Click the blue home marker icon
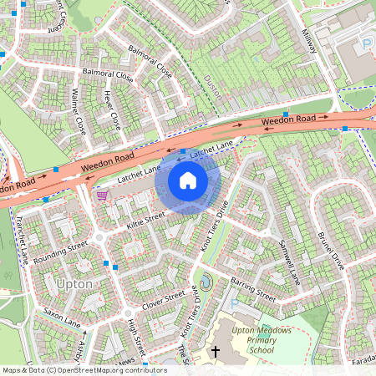[188, 180]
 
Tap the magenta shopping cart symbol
[102, 195]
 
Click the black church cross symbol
[215, 352]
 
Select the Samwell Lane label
[293, 260]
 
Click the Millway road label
[309, 38]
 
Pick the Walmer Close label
[79, 114]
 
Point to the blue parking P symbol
[365, 43]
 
